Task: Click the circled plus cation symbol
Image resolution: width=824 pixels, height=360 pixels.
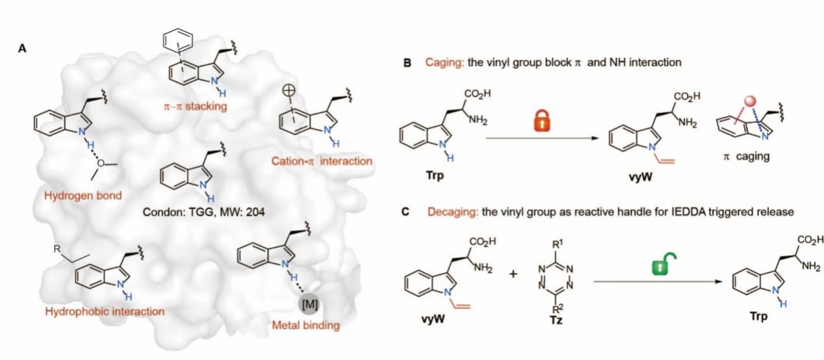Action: coord(290,90)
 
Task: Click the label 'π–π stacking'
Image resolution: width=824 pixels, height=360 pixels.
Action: coord(195,106)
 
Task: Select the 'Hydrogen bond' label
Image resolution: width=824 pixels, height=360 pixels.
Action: coord(83,195)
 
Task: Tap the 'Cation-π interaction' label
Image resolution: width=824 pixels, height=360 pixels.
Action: coord(322,161)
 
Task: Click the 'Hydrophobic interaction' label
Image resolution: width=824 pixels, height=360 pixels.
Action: coord(105,311)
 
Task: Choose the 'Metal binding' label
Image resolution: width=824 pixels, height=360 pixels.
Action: coord(306,326)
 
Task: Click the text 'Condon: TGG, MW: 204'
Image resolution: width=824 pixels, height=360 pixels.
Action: coord(204,211)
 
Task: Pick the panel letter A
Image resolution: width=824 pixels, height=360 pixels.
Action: coord(22,48)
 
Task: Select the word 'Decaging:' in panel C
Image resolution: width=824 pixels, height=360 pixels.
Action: coord(452,212)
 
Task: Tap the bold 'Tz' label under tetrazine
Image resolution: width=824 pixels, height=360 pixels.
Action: coord(556,320)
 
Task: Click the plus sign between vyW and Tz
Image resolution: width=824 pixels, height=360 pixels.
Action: coord(513,274)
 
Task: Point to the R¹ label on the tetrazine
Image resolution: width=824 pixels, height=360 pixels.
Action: coord(557,245)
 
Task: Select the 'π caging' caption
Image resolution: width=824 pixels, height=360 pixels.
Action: coord(746,156)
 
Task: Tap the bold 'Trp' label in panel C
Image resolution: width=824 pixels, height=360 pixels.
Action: coord(759,316)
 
